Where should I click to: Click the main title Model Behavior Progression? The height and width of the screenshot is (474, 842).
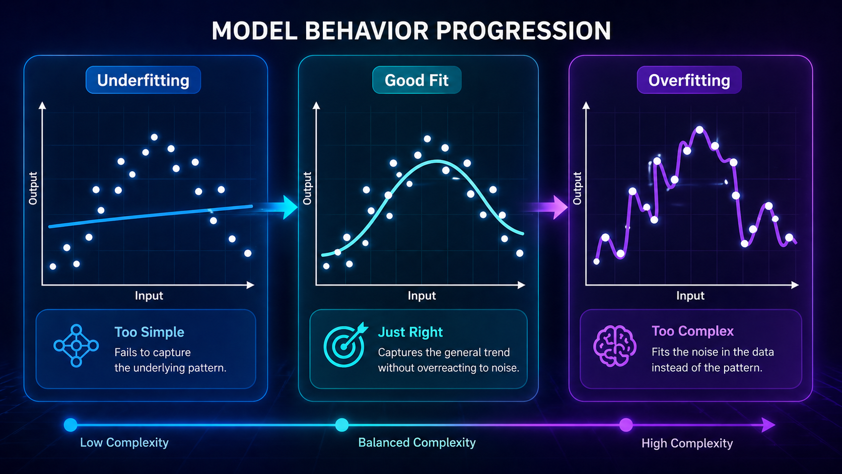pos(411,31)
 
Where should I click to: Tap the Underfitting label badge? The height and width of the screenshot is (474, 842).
pos(143,80)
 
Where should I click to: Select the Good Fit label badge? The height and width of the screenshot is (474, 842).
pos(416,80)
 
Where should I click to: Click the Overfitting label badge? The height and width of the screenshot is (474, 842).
pos(689,80)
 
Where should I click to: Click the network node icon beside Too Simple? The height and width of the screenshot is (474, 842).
pos(76,346)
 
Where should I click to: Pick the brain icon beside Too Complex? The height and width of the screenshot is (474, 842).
pos(614,346)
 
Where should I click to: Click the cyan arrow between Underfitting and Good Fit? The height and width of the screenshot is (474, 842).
pos(285,207)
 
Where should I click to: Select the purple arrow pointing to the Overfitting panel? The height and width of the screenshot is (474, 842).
pos(554,207)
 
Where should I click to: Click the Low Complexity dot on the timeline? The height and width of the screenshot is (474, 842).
pos(71,425)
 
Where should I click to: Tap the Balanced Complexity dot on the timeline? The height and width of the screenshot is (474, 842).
pos(342,425)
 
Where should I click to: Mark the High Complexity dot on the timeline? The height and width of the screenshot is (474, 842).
pos(626,425)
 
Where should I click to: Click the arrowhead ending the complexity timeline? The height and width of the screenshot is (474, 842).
pos(768,425)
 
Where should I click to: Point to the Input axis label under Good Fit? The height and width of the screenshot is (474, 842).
pos(422,296)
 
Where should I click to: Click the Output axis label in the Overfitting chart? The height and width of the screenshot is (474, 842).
pos(577,188)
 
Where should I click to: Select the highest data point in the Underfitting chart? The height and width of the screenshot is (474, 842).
pos(155,137)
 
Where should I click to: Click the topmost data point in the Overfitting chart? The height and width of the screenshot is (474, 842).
pos(699,130)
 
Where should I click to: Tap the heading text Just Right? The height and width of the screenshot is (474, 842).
pos(410,332)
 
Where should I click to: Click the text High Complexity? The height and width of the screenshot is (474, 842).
pos(687,443)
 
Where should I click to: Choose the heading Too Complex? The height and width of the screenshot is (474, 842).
pos(692,331)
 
